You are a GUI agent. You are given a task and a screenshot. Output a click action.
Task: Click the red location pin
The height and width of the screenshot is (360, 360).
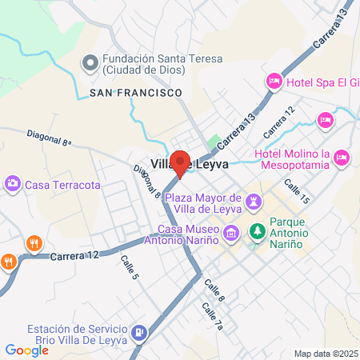(181, 163)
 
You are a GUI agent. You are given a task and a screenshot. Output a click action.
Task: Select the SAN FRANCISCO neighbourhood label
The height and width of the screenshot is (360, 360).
(135, 94)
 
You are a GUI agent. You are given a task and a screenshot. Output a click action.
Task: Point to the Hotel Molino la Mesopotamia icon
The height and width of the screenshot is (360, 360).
(342, 155)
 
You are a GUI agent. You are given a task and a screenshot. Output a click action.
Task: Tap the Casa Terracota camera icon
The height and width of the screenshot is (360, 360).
(14, 185)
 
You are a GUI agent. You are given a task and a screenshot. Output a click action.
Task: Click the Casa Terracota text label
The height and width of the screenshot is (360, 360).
(63, 185)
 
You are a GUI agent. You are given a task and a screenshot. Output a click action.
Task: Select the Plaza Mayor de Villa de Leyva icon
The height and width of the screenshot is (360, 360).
(254, 202)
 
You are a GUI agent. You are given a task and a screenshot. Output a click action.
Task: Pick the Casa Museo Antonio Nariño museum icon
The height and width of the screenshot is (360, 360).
(231, 234)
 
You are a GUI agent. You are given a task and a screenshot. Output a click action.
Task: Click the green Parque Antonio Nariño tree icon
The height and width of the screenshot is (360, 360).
(258, 233)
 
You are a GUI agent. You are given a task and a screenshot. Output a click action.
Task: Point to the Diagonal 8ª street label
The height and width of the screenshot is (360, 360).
(50, 137)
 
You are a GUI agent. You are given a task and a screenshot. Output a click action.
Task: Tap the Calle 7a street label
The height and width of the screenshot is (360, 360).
(212, 315)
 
